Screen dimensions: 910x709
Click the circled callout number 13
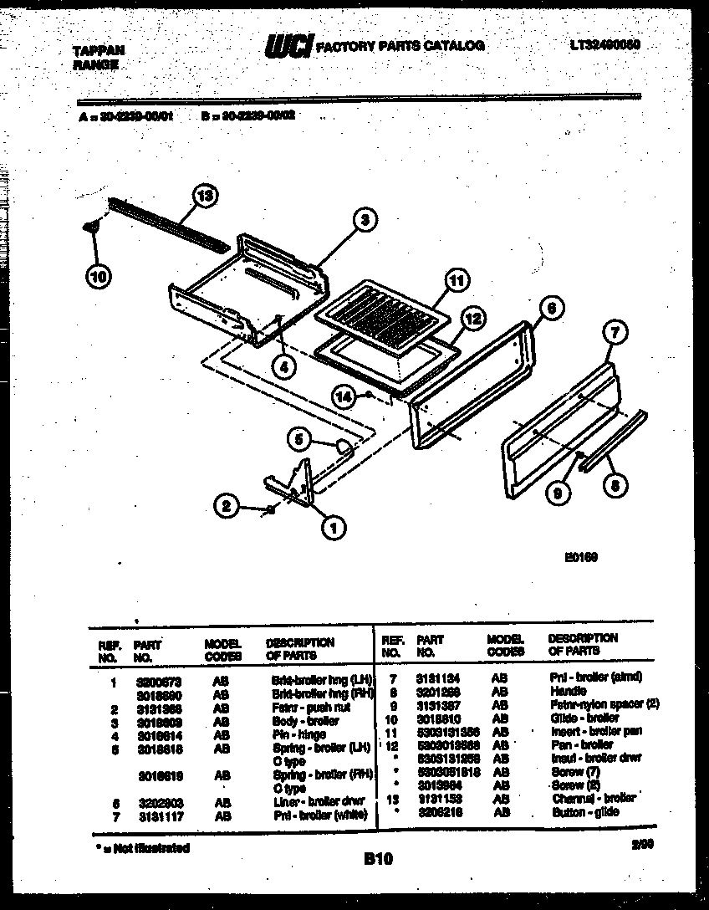[204, 197]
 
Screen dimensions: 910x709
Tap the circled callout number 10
[99, 278]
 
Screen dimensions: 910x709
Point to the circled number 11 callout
[454, 282]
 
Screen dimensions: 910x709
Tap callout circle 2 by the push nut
[224, 505]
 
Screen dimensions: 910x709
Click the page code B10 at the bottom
[378, 858]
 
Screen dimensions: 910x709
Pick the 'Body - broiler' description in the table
[306, 721]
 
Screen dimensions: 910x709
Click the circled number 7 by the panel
[615, 334]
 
